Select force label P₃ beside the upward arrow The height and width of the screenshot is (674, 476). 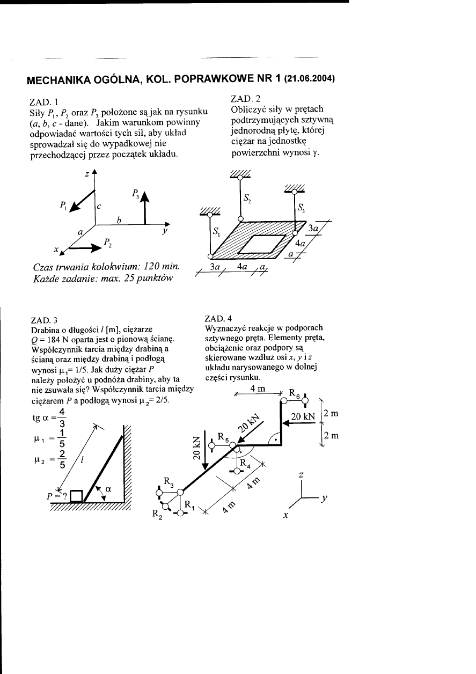pyautogui.click(x=136, y=194)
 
